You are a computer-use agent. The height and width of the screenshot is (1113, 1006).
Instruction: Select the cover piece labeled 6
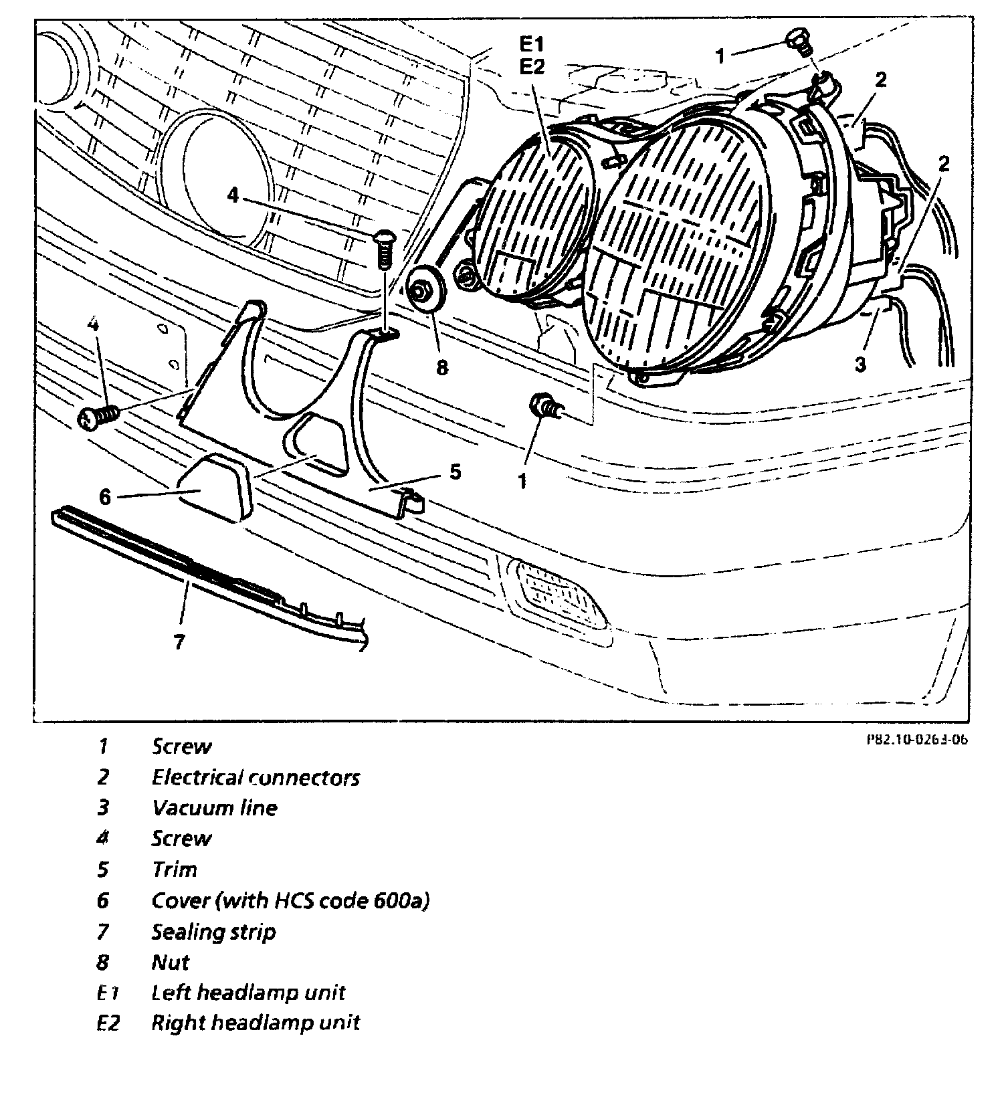tap(213, 487)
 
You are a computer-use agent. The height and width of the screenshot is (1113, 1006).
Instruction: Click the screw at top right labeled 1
tap(797, 41)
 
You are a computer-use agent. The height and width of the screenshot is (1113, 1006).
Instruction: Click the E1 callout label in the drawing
tap(532, 45)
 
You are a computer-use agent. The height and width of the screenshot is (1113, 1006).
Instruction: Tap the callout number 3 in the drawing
tap(860, 365)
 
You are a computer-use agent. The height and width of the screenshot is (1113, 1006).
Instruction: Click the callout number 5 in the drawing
tap(455, 472)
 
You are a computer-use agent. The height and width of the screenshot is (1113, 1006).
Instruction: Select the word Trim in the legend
tap(175, 870)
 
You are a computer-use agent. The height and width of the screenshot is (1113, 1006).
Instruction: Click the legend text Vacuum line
tap(214, 808)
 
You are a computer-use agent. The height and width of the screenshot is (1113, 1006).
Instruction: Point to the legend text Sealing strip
tap(213, 932)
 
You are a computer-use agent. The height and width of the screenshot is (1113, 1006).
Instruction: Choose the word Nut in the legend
tap(170, 963)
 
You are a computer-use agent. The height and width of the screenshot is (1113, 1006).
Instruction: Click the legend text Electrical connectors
tap(256, 777)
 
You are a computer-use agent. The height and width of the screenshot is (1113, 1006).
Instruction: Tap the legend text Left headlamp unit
tap(248, 993)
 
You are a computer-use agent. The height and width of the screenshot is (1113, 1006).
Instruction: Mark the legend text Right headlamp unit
tap(256, 1023)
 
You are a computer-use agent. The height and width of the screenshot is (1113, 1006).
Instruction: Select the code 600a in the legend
tap(396, 901)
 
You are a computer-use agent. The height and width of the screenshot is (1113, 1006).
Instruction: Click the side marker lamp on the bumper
tap(559, 593)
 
